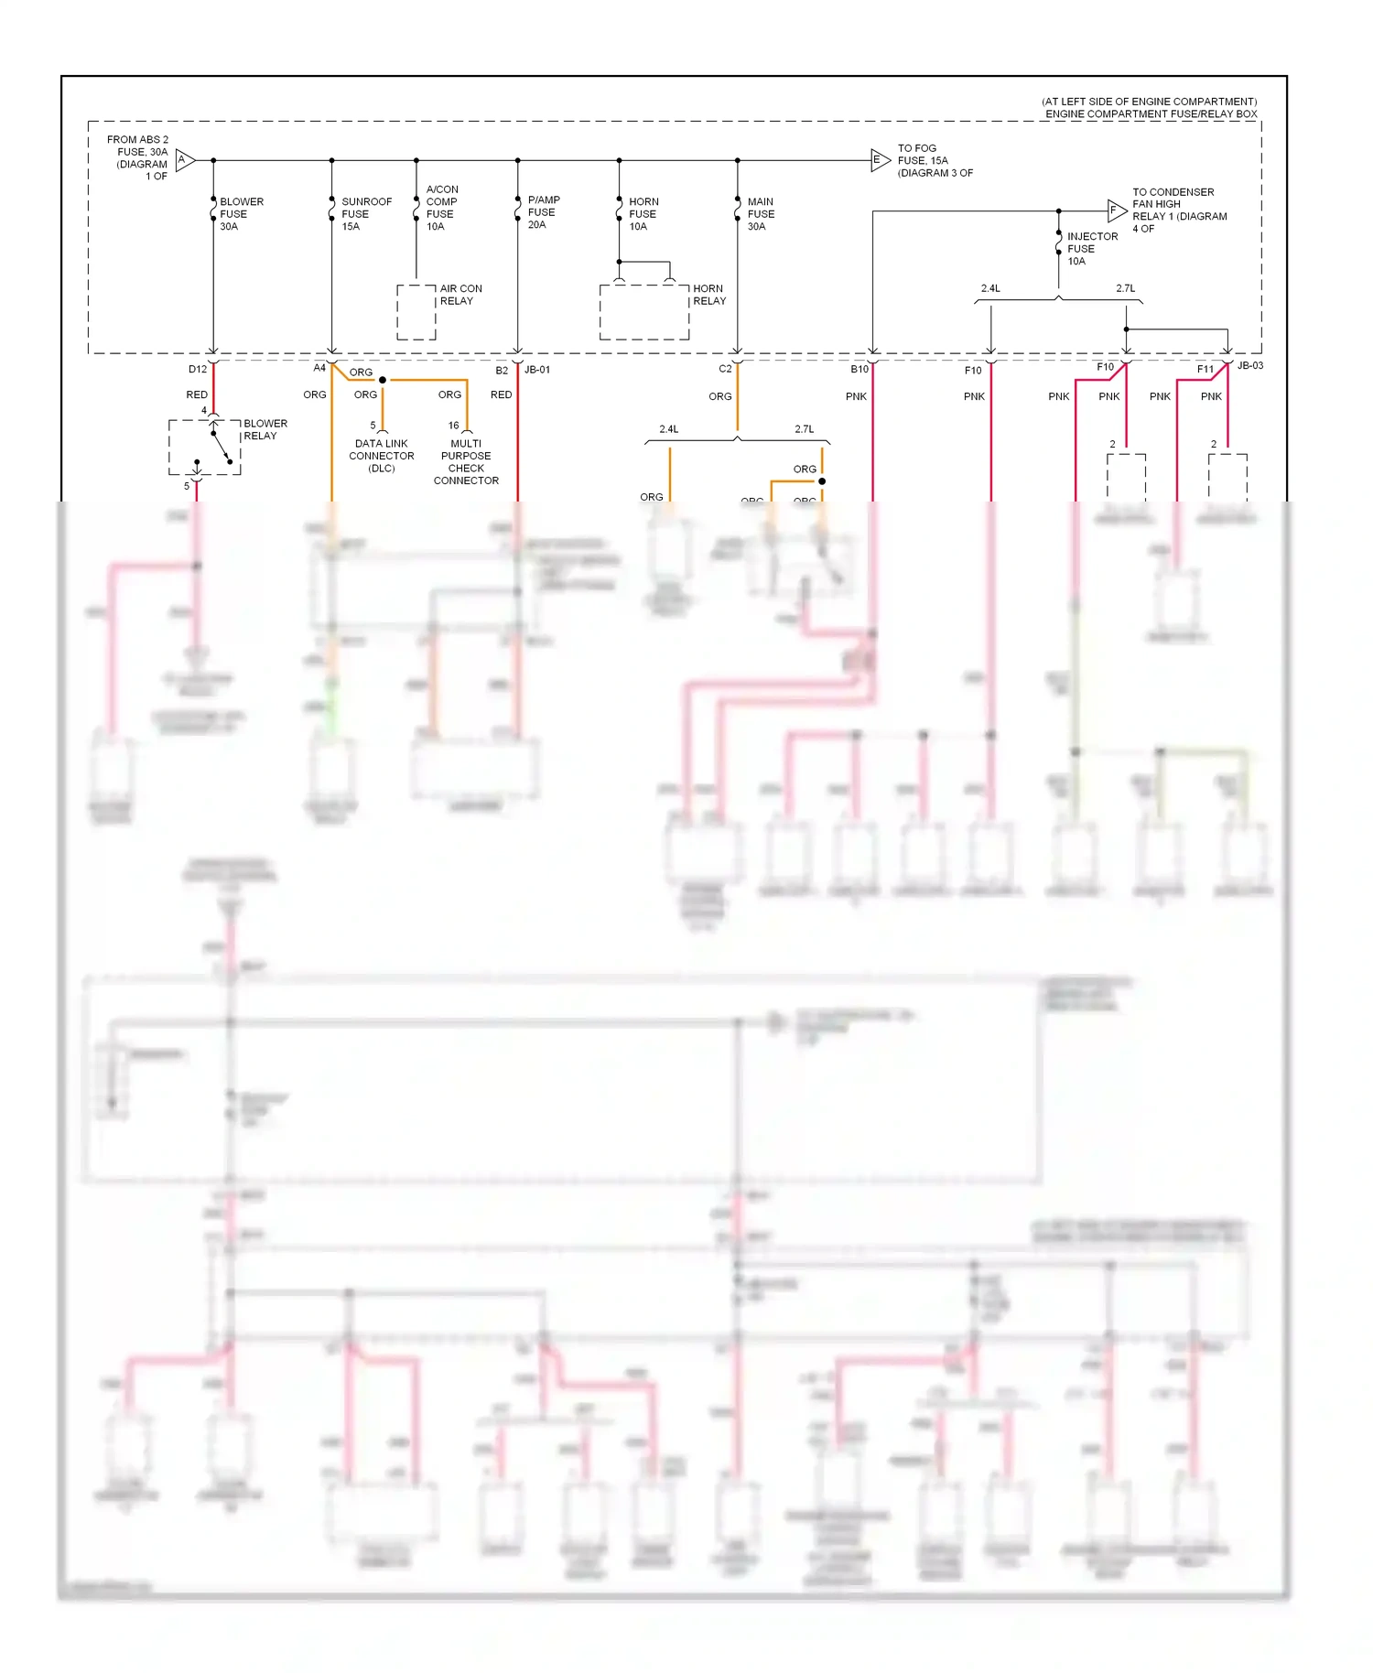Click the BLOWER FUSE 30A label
pyautogui.click(x=241, y=214)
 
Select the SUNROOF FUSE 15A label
pyautogui.click(x=365, y=214)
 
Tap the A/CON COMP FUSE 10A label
pyautogui.click(x=441, y=208)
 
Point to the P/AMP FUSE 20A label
pyautogui.click(x=543, y=212)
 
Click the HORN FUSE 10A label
pyautogui.click(x=643, y=214)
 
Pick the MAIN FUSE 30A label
pyautogui.click(x=760, y=214)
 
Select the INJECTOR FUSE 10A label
pyautogui.click(x=1091, y=249)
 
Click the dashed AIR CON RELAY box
pyautogui.click(x=416, y=312)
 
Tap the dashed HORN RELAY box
pyautogui.click(x=644, y=312)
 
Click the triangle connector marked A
pyautogui.click(x=184, y=160)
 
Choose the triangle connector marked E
pyautogui.click(x=879, y=160)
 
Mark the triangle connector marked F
pyautogui.click(x=1115, y=210)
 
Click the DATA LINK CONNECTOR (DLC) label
pyautogui.click(x=382, y=456)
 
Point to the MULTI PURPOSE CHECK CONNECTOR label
pyautogui.click(x=466, y=462)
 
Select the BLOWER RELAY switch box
pyautogui.click(x=205, y=448)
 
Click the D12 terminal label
pyautogui.click(x=198, y=370)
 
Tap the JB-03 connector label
pyautogui.click(x=1249, y=366)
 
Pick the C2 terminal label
pyautogui.click(x=725, y=370)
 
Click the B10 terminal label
pyautogui.click(x=859, y=370)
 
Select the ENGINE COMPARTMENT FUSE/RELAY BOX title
pyautogui.click(x=1151, y=114)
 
